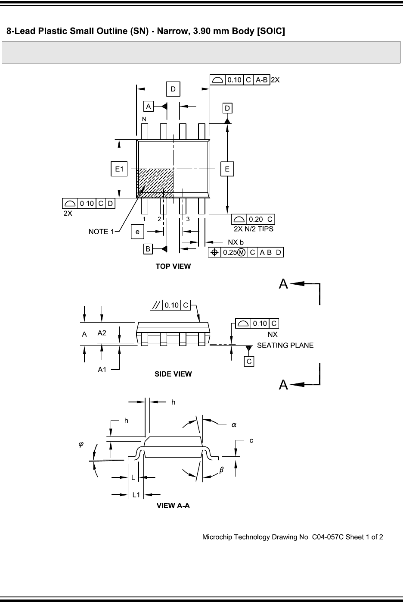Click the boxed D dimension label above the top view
click(173, 89)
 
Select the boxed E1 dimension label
click(119, 169)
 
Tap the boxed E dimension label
click(227, 169)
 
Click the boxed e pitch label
click(137, 232)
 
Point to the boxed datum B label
click(148, 249)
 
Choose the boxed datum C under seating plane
click(249, 361)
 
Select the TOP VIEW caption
click(173, 267)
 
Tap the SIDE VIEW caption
click(173, 374)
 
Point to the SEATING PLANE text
click(285, 345)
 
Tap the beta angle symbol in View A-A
click(222, 471)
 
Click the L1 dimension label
click(136, 495)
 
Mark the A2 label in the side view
click(102, 333)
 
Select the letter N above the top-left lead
click(144, 119)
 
